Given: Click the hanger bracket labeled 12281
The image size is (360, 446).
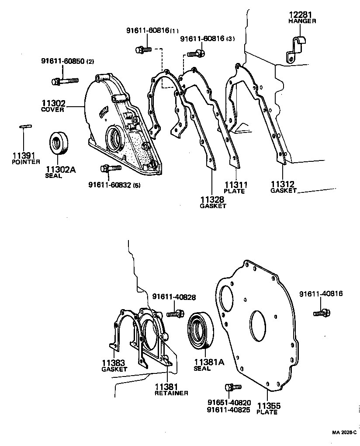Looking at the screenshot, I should [x=296, y=45].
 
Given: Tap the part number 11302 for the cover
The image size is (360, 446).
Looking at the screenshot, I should [x=53, y=104].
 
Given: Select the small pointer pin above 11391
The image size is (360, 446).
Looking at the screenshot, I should [x=24, y=127].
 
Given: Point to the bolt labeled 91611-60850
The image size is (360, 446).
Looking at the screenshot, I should [x=64, y=81].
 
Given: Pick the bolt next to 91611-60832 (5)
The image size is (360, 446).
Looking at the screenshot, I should [x=109, y=168].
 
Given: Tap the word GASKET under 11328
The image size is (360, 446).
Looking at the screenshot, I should [x=213, y=206].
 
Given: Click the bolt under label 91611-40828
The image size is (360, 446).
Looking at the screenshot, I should [x=174, y=314].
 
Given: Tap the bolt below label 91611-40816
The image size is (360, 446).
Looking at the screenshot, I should [x=322, y=313].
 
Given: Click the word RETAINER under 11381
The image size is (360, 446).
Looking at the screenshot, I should [x=171, y=393].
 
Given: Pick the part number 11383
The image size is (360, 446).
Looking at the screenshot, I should [x=114, y=362].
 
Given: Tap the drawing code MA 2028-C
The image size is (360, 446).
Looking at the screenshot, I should [x=344, y=433].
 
